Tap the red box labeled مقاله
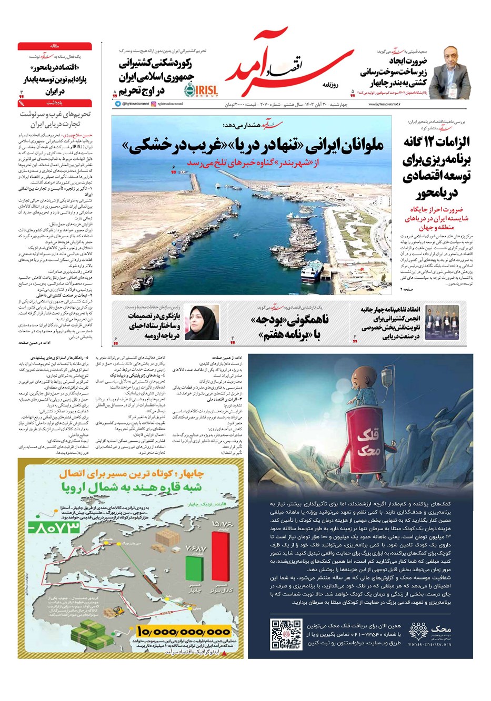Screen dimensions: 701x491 click(x=55, y=46)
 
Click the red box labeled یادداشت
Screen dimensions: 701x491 click(x=55, y=104)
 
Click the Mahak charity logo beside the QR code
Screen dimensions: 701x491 click(x=427, y=634)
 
